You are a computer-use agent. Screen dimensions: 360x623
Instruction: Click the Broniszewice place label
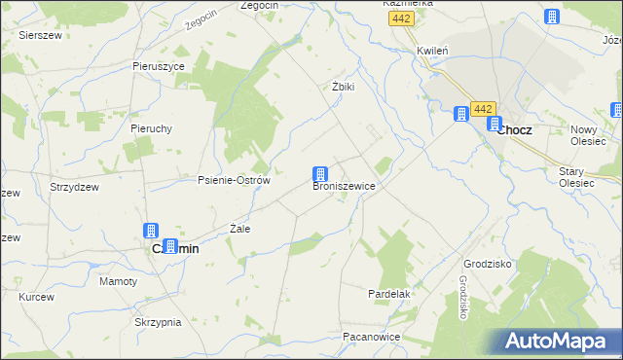pyautogui.click(x=344, y=185)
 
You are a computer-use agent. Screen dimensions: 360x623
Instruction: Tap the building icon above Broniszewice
pyautogui.click(x=319, y=174)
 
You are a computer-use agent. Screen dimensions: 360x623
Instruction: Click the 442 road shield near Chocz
pyautogui.click(x=483, y=109)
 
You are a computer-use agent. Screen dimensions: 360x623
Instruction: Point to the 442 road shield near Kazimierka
pyautogui.click(x=400, y=19)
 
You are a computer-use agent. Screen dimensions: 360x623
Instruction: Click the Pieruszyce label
pyautogui.click(x=159, y=66)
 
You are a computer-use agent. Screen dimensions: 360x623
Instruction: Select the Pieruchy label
pyautogui.click(x=151, y=127)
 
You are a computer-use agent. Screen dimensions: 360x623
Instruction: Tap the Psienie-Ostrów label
pyautogui.click(x=234, y=180)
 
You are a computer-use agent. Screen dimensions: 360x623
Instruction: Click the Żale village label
pyautogui.click(x=239, y=229)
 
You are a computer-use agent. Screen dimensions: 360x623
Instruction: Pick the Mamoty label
pyautogui.click(x=119, y=281)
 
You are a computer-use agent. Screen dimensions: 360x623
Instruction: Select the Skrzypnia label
pyautogui.click(x=158, y=321)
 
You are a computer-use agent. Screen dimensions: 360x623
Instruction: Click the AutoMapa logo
pyautogui.click(x=556, y=342)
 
